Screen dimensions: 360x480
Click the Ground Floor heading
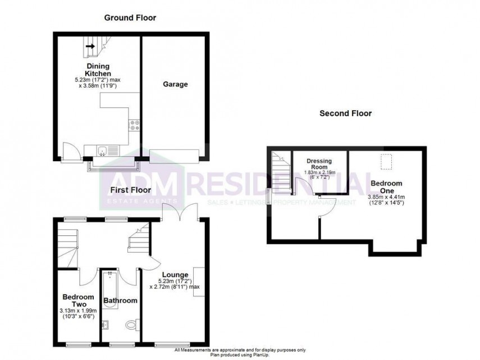[x=130, y=17]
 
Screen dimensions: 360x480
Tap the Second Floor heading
[x=345, y=113]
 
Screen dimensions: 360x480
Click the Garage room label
[x=175, y=84]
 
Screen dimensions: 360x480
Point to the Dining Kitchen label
[x=98, y=70]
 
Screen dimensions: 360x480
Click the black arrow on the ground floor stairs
[x=90, y=47]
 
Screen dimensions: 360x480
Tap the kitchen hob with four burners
[x=135, y=125]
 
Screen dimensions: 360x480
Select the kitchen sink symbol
[x=102, y=150]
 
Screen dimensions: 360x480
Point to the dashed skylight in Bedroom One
[x=387, y=162]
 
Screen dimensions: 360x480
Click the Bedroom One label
[x=386, y=187]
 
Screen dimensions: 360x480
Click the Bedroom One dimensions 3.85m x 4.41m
[x=386, y=197]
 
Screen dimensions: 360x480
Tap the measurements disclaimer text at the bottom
[x=240, y=349]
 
